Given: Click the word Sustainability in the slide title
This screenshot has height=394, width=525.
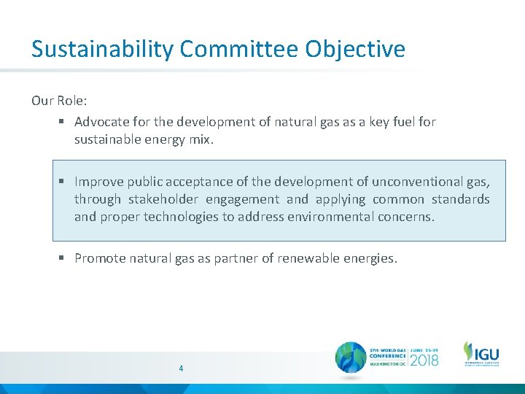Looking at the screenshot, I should coord(103,50).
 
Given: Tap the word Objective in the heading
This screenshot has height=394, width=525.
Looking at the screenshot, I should coord(355,50).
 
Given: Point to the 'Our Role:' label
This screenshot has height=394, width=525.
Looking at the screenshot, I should coord(59,101).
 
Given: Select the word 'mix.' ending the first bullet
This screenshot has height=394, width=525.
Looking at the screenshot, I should coord(201,139).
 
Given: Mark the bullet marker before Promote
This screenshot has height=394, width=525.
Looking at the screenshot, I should coord(63,258).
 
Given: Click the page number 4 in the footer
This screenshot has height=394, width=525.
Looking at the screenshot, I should coord(181,368).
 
